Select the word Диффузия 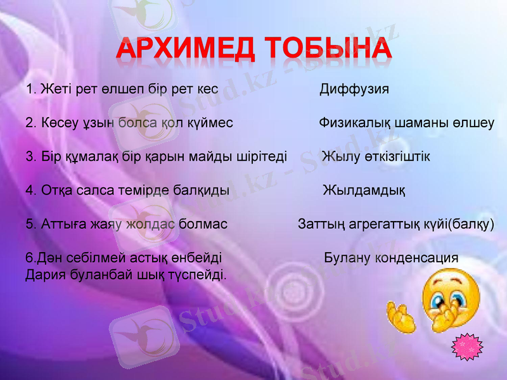pos(354,89)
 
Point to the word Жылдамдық pos(364,190)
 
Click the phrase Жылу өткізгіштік pos(376,156)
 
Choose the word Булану pos(348,258)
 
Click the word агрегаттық pos(387,224)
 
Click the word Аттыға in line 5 pos(63,224)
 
